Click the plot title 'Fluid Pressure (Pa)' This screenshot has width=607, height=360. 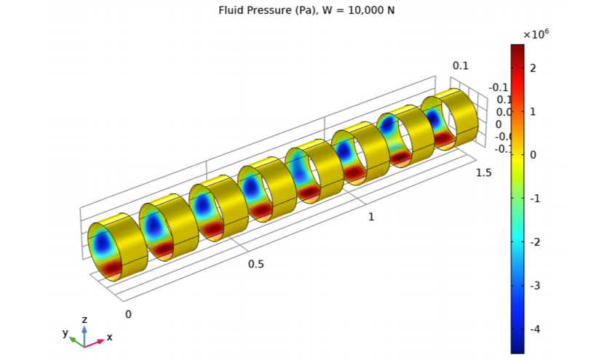tap(260, 10)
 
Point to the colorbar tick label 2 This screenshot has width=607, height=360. tap(533, 68)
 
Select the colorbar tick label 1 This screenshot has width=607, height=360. tap(533, 111)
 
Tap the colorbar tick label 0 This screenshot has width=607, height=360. tap(533, 155)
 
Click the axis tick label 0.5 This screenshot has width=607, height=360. tap(256, 264)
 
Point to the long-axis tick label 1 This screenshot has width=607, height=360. tap(372, 217)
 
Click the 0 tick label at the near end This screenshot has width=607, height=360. tap(129, 314)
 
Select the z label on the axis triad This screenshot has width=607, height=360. tap(85, 320)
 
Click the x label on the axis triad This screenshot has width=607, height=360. tap(109, 337)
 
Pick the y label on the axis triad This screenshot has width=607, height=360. tap(65, 332)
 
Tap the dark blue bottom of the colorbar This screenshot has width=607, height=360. tap(517, 348)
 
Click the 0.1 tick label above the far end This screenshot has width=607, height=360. tap(460, 65)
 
